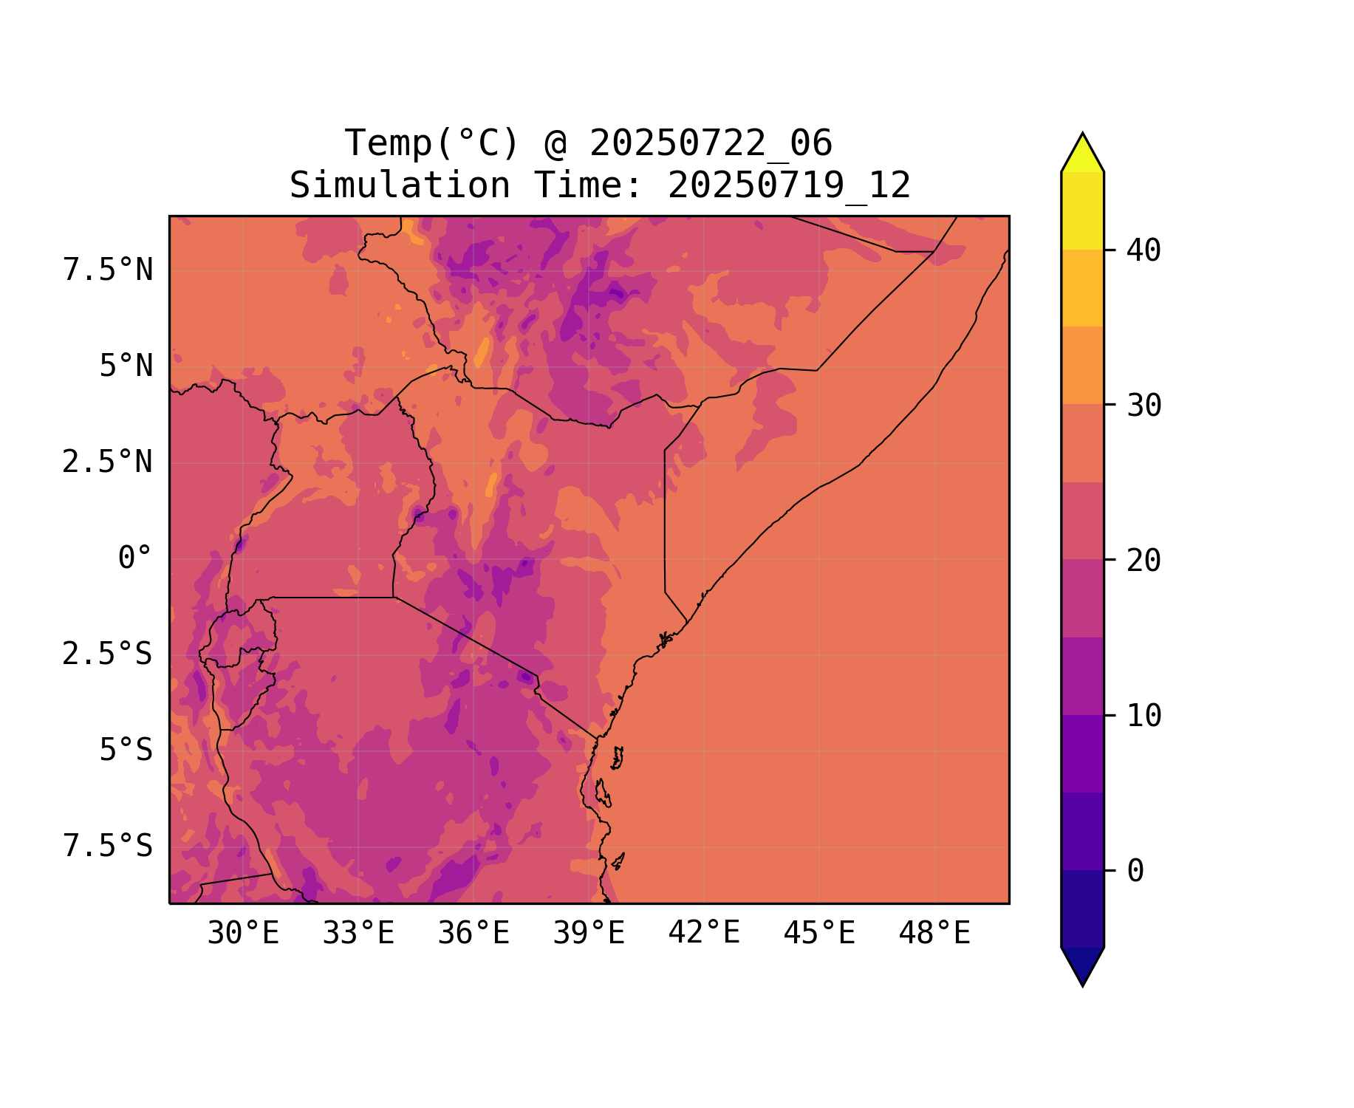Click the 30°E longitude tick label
point(243,934)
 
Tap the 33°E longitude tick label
point(358,934)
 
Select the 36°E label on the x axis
point(473,934)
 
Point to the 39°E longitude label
point(589,934)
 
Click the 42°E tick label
point(704,933)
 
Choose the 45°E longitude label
point(819,934)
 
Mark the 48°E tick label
point(934,934)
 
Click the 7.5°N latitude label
point(108,270)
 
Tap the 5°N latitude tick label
point(126,366)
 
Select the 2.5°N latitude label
point(108,462)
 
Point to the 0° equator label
point(135,558)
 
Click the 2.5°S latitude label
point(108,654)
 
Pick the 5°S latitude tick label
point(126,750)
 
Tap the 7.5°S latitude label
point(108,847)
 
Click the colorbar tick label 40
point(1143,250)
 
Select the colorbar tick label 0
point(1135,872)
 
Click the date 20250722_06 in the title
point(711,143)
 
